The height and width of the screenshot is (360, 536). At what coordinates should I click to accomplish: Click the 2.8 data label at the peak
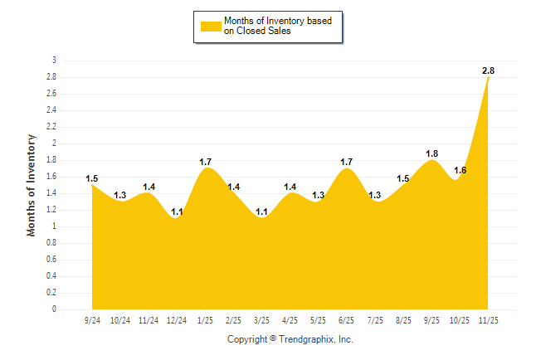(x=489, y=71)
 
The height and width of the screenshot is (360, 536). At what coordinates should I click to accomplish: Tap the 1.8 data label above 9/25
(x=431, y=154)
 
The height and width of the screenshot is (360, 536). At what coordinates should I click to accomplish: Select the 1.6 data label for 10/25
(x=460, y=170)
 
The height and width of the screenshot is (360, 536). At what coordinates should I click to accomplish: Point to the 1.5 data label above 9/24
(x=92, y=178)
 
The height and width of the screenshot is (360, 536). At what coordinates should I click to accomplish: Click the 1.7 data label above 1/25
(x=206, y=162)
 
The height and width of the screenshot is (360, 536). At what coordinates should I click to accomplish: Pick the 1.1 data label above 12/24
(x=177, y=212)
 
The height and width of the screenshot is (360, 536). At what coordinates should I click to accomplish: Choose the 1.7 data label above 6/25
(x=347, y=162)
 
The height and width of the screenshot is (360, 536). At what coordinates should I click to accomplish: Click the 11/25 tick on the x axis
(x=489, y=319)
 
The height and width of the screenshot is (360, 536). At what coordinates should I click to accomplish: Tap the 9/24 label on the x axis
(x=92, y=319)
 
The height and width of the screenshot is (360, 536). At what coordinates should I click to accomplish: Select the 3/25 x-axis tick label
(x=261, y=319)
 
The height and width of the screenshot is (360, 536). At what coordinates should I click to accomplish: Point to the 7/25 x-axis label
(x=375, y=319)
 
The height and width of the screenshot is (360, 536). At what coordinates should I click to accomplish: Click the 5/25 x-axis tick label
(x=319, y=319)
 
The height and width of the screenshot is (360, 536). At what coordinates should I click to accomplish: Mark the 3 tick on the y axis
(x=55, y=61)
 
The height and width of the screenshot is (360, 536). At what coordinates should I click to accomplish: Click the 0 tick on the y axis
(x=55, y=309)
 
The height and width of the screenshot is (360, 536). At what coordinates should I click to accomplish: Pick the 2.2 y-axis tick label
(x=52, y=127)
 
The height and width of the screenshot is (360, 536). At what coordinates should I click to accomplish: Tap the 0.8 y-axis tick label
(x=52, y=243)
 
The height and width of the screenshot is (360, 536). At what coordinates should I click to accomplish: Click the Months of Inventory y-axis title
(x=32, y=185)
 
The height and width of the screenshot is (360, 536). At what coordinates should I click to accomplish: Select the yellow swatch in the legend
(x=210, y=27)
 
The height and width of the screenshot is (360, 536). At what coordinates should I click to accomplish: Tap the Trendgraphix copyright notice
(x=290, y=339)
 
